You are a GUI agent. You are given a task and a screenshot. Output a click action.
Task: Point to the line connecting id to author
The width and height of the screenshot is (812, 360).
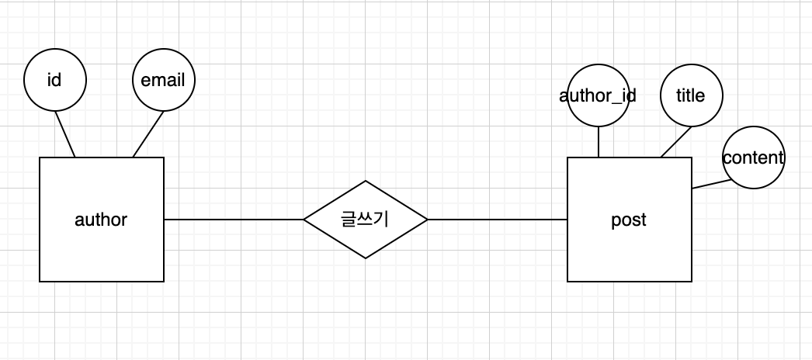tap(65, 134)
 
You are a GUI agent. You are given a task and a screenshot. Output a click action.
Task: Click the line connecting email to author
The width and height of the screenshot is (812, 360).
tap(147, 134)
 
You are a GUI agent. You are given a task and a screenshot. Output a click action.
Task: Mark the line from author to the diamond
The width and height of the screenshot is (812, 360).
tap(233, 220)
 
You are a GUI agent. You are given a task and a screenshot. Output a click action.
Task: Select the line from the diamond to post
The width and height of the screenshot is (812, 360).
tap(497, 220)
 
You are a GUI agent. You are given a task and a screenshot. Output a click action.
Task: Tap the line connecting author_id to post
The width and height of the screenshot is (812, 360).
tap(599, 141)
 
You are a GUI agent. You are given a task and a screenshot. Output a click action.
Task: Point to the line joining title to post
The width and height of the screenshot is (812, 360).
tap(675, 142)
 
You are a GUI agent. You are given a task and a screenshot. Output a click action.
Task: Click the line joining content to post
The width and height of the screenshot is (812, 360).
tap(710, 185)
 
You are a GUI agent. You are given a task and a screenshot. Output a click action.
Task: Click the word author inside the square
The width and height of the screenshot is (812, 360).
tap(101, 220)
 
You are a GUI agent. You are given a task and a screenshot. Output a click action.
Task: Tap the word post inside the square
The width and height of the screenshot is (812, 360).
tap(629, 220)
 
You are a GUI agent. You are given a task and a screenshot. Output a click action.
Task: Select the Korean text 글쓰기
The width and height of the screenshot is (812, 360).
tap(365, 220)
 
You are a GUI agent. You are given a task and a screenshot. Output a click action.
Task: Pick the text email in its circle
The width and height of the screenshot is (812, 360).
tap(163, 80)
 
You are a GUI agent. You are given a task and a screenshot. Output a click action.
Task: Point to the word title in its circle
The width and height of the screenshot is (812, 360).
tap(691, 95)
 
